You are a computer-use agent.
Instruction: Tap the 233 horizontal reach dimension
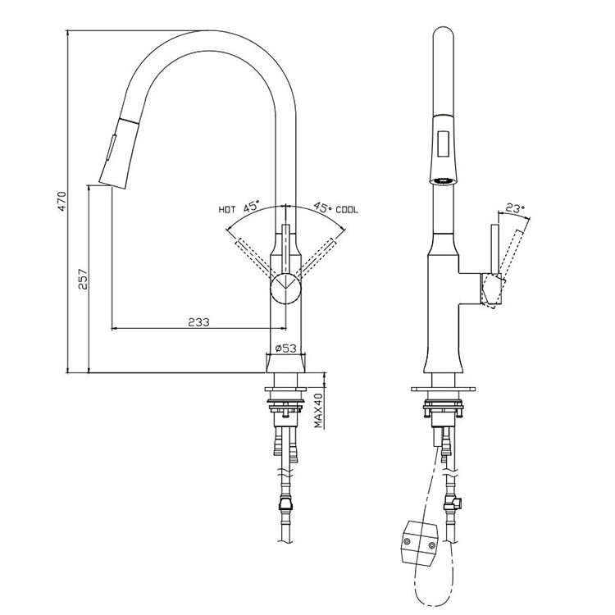click(198, 322)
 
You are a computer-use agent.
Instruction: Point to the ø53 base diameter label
click(285, 348)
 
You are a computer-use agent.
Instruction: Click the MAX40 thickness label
click(318, 409)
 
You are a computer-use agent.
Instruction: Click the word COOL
click(348, 210)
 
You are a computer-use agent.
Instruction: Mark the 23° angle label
click(514, 208)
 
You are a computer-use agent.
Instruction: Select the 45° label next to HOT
click(250, 207)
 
